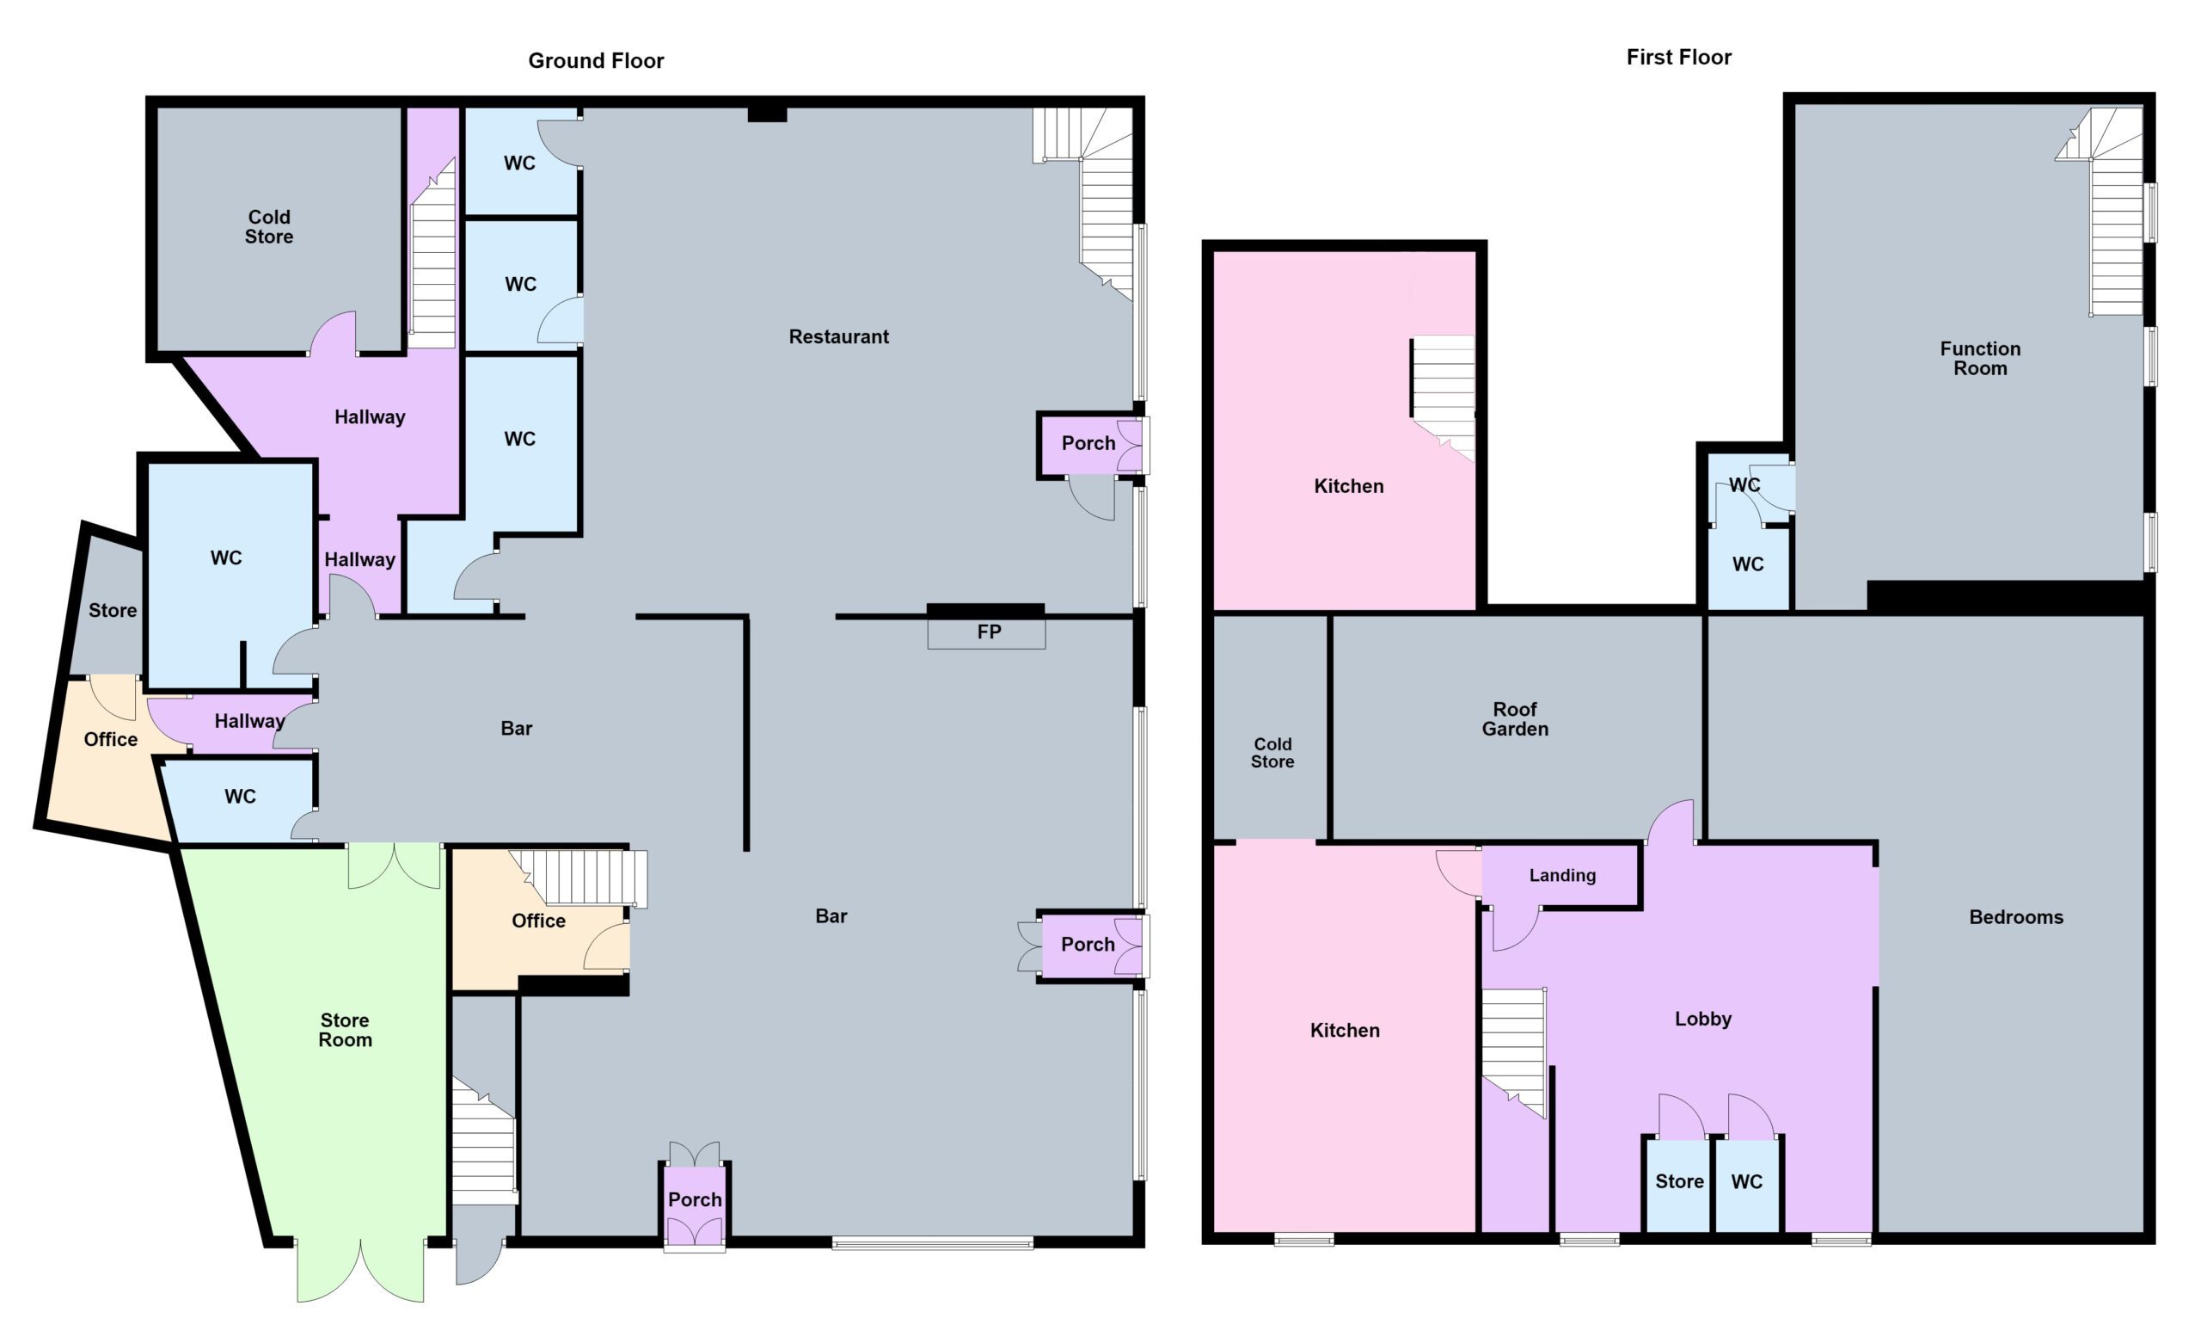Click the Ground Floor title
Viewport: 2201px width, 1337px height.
(x=596, y=61)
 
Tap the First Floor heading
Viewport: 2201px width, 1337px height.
(x=1678, y=57)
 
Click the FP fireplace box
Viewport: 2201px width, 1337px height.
(x=986, y=632)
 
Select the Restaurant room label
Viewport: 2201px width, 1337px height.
(x=839, y=337)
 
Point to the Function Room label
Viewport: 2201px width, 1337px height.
(x=1979, y=359)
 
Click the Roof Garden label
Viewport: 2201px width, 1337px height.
(x=1515, y=718)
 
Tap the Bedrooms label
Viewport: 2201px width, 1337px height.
(x=2016, y=917)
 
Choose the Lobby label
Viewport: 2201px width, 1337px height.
(x=1702, y=1019)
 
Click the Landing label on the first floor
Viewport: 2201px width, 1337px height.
(x=1562, y=875)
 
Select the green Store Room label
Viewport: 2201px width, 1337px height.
(x=345, y=1030)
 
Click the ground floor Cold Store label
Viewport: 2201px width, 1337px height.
(x=269, y=227)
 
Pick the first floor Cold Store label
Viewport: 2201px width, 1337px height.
(x=1272, y=753)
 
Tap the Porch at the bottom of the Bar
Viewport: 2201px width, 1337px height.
(x=695, y=1199)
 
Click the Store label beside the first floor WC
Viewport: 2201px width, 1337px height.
(x=1679, y=1181)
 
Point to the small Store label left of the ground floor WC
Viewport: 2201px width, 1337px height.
(x=113, y=610)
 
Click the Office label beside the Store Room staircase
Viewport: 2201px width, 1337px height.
(x=538, y=921)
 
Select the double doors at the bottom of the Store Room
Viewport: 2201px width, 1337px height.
(x=361, y=1270)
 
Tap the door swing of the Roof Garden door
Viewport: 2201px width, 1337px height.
(x=1670, y=821)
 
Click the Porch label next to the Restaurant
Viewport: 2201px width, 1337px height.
(x=1088, y=443)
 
